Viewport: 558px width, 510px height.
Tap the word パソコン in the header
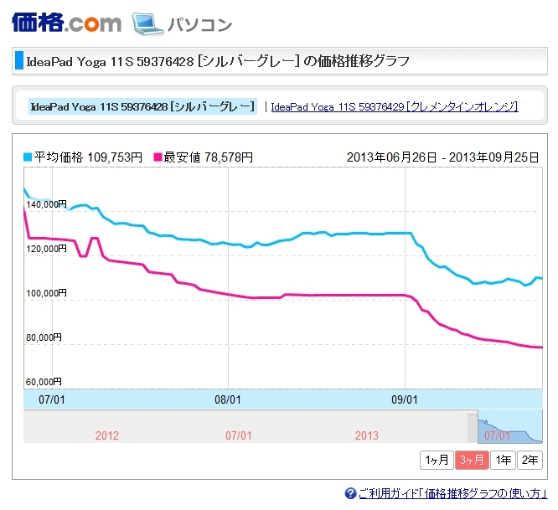coord(199,24)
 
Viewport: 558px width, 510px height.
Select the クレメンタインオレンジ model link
coord(395,106)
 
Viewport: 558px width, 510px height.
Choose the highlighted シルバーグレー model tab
coord(142,106)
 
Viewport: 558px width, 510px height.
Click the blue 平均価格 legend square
coord(28,157)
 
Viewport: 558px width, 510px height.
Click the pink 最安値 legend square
coord(157,157)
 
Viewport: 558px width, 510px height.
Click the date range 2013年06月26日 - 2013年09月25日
coord(442,157)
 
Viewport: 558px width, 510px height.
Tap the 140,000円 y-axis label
coord(47,204)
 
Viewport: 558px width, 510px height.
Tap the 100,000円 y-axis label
coord(47,293)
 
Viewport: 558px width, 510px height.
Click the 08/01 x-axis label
coord(229,399)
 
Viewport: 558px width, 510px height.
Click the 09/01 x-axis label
coord(405,399)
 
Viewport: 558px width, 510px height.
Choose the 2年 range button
coord(530,460)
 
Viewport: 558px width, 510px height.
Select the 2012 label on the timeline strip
coord(107,435)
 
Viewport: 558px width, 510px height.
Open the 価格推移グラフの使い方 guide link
coord(452,493)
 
